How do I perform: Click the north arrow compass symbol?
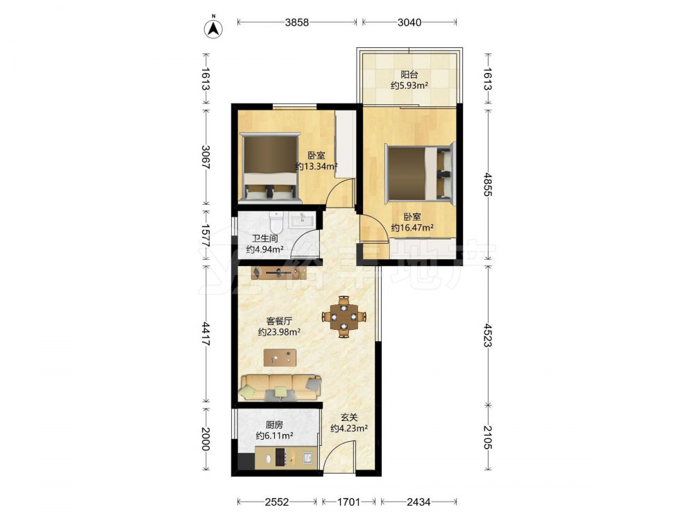point(213,28)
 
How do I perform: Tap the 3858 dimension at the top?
point(296,22)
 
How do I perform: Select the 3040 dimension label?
point(409,22)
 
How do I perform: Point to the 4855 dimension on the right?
point(487,184)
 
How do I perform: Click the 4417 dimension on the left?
point(206,334)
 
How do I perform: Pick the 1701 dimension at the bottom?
point(349,502)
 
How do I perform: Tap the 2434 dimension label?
point(418,502)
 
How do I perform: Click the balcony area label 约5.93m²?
point(409,85)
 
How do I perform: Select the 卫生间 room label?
point(264,238)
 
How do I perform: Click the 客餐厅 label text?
point(279,321)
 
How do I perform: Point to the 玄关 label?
point(349,417)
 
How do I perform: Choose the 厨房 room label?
point(274,424)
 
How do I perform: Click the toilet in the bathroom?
point(276,222)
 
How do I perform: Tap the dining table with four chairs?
point(344,317)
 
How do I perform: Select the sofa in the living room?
point(280,387)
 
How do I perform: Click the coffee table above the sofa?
point(280,358)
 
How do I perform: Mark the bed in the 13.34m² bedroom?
point(270,168)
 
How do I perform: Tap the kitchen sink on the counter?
point(309,457)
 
